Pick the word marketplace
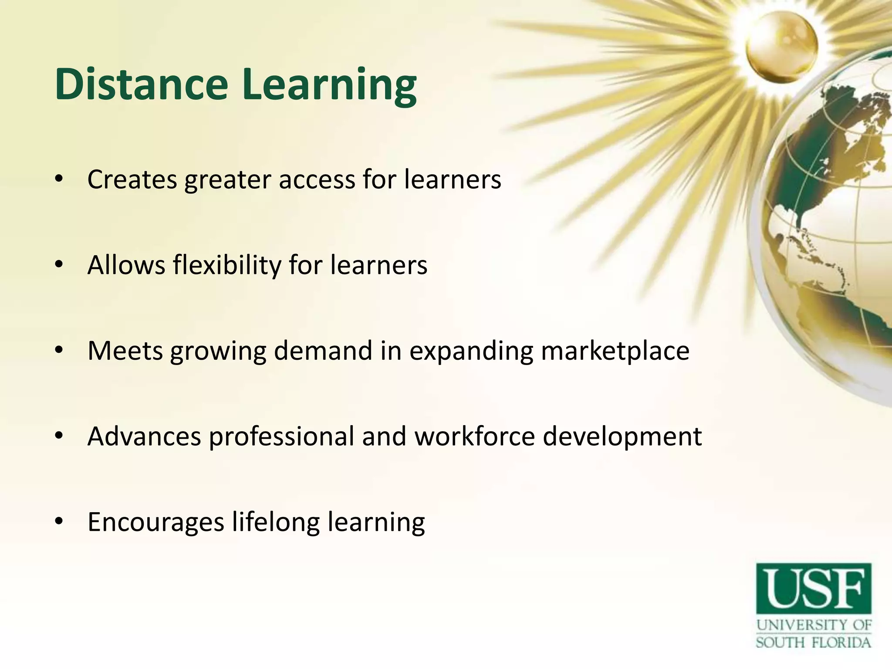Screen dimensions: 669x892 click(615, 351)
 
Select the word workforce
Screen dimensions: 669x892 click(475, 436)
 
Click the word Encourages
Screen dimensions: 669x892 click(156, 522)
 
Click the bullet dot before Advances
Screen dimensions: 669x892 click(60, 436)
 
